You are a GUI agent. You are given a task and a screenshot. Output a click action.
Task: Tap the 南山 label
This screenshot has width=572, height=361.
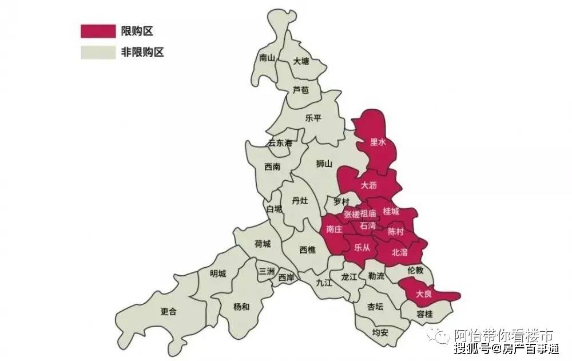267,58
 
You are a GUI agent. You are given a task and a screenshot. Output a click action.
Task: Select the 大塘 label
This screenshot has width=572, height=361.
301,61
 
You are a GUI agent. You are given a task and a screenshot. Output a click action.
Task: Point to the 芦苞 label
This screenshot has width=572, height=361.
300,90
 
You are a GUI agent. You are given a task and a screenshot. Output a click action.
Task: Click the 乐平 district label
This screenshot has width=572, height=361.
313,118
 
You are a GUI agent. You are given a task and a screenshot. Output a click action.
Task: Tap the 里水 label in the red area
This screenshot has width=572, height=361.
378,142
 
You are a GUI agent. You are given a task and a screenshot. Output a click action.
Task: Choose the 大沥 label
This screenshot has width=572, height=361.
369,186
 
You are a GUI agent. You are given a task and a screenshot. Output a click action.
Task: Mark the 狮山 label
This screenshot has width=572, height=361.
324,164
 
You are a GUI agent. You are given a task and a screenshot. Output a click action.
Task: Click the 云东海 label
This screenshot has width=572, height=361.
280,143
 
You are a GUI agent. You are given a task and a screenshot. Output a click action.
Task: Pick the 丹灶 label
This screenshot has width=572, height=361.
300,200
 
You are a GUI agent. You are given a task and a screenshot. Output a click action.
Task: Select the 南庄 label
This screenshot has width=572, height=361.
334,229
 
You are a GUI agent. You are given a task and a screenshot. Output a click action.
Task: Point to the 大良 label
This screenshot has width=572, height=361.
423,294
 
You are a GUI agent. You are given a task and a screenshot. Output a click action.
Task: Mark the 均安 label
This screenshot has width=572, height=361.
380,332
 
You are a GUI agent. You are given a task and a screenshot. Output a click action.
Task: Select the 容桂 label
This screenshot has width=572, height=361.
424,314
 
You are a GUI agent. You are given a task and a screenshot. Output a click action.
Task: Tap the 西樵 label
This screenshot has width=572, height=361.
307,249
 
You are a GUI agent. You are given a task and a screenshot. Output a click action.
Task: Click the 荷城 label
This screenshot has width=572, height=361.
263,244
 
